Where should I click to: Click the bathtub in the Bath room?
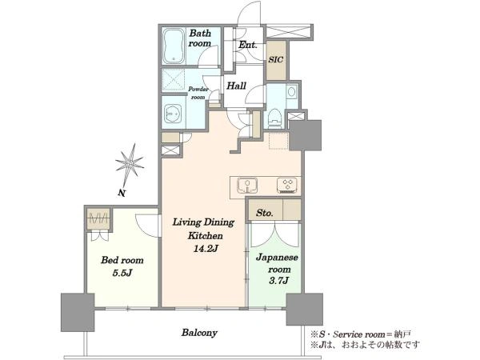coord(174,46)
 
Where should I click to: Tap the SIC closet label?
coord(275,59)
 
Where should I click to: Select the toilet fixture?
coord(274,118)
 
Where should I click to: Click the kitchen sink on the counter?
coord(247,186)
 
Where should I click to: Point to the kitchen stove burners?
coord(287,186)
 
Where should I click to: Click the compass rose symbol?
coord(130,164)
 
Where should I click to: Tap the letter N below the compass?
coord(122,193)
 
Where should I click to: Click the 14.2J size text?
coord(205,249)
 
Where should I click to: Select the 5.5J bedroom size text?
coord(122,273)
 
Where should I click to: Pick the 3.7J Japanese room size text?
coord(279,281)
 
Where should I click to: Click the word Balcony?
coord(199,333)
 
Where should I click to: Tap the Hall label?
coord(236,86)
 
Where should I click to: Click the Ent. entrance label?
coord(248,45)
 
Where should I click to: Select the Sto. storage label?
coord(265,213)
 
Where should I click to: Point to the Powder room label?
coord(198,93)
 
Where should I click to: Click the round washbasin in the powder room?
coord(173,114)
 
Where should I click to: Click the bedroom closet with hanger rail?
coord(98,218)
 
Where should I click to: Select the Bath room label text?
coord(200,38)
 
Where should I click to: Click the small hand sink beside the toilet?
coord(292,92)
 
